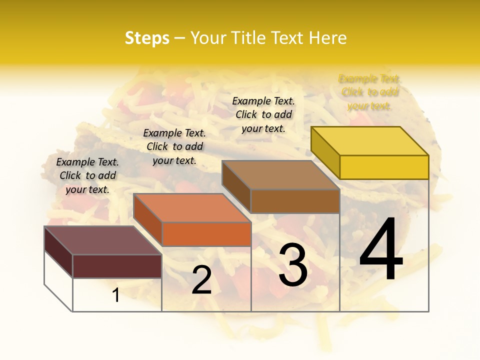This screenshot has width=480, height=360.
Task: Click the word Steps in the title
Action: click(147, 38)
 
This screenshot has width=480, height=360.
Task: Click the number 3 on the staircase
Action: click(293, 265)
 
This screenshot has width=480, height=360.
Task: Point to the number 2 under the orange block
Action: click(201, 280)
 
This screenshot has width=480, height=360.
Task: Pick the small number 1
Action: click(116, 295)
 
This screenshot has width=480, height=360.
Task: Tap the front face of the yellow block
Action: click(384, 167)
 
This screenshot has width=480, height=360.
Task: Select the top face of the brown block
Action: click(281, 175)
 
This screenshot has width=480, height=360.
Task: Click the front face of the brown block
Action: click(295, 201)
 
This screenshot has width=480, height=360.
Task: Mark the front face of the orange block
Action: click(206, 234)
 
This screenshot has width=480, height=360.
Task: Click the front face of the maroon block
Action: click(117, 266)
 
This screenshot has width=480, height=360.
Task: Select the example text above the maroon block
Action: click(87, 175)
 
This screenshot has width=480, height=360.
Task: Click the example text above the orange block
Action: click(174, 146)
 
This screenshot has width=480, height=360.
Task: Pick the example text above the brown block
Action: click(263, 114)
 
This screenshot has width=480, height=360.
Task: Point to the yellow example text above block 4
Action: click(369, 92)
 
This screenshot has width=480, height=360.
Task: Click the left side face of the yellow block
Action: click(325, 152)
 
